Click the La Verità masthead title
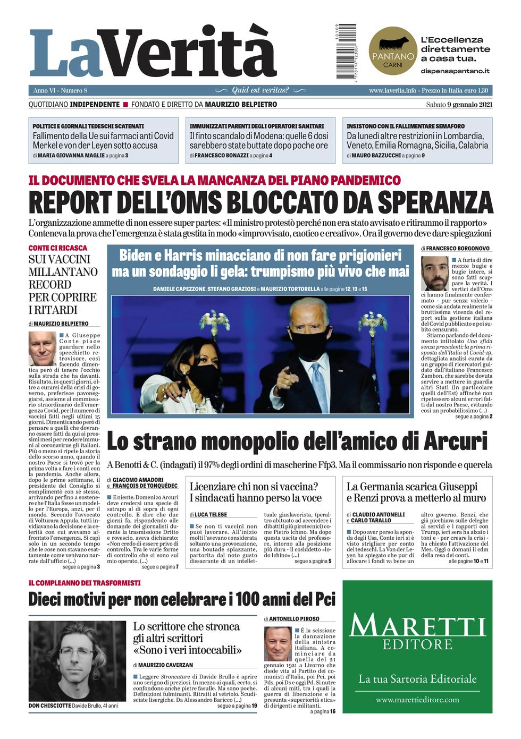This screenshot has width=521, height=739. pyautogui.click(x=153, y=53)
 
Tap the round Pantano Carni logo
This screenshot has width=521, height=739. pyautogui.click(x=393, y=51)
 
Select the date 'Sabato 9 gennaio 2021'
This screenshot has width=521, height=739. pyautogui.click(x=459, y=105)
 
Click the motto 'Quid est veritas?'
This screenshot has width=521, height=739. pyautogui.click(x=260, y=90)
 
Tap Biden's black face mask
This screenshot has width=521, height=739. pyautogui.click(x=310, y=344)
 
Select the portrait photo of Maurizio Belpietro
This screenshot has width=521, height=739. pyautogui.click(x=43, y=349)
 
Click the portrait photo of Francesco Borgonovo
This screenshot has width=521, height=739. pyautogui.click(x=435, y=273)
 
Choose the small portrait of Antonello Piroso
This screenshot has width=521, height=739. pyautogui.click(x=278, y=644)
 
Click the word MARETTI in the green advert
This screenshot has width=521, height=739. pyautogui.click(x=417, y=626)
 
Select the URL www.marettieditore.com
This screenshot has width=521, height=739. pyautogui.click(x=417, y=700)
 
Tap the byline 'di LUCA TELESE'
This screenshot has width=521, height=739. pyautogui.click(x=208, y=515)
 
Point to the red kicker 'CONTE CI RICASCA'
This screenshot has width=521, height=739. pyautogui.click(x=58, y=248)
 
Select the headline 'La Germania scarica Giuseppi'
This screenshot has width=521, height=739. pyautogui.click(x=412, y=487)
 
